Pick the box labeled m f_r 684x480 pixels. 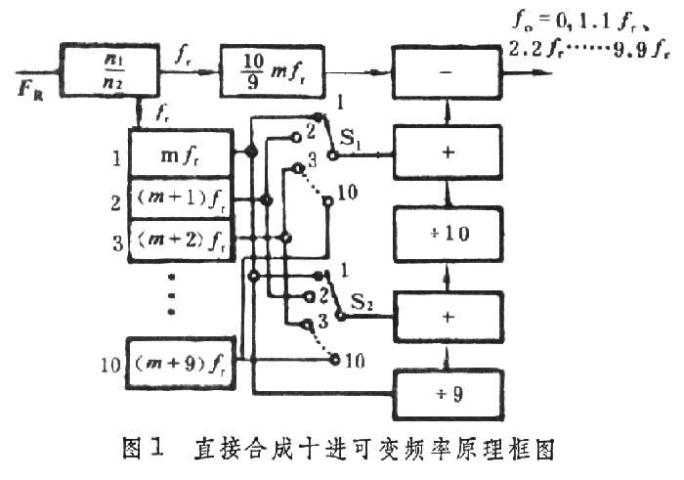[x=182, y=153]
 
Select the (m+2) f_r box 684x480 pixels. [x=182, y=239]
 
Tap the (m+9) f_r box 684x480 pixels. [x=182, y=364]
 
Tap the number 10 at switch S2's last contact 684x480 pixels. [x=355, y=361]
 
